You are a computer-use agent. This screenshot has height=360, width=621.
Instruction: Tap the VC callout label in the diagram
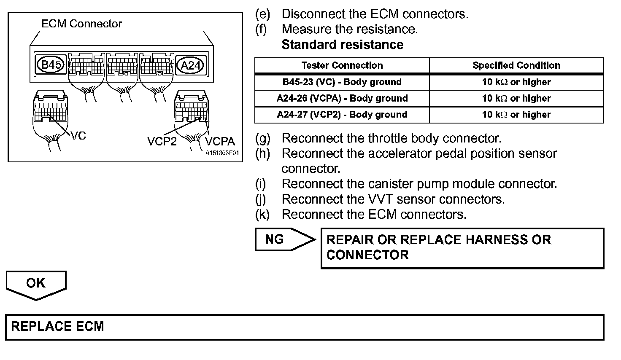78,135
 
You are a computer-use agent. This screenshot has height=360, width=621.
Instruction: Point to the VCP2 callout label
162,141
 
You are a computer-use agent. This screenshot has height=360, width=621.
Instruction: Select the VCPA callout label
219,141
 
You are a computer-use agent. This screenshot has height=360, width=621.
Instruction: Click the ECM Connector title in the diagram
81,24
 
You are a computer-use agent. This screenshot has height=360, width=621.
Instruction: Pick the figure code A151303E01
222,153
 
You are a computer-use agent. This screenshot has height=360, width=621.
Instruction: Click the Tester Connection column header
342,65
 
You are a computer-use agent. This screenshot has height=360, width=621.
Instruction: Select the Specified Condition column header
516,65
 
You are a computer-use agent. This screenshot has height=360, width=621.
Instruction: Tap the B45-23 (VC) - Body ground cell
342,82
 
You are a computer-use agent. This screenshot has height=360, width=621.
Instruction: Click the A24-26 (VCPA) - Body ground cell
342,98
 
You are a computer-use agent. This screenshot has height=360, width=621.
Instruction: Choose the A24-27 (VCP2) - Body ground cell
342,114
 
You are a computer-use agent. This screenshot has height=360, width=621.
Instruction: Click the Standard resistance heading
342,45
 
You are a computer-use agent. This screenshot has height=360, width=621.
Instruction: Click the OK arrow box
36,283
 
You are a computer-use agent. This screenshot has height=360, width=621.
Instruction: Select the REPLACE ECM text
57,327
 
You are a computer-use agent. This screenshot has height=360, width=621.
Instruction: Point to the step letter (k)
262,214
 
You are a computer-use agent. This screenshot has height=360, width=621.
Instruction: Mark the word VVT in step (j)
382,199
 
